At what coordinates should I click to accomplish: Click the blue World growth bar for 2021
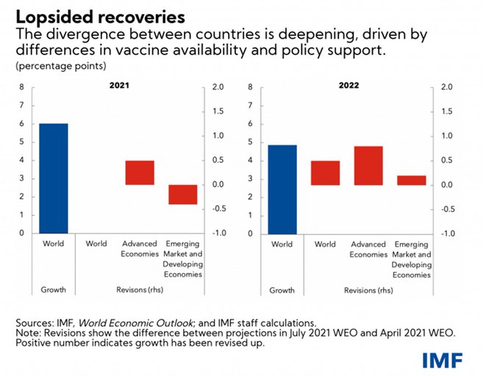54,178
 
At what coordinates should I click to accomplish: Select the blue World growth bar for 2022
282,189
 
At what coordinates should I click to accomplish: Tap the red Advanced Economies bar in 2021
140,173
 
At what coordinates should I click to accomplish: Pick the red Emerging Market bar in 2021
183,195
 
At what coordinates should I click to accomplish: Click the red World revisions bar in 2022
325,173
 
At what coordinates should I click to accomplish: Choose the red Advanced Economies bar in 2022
368,165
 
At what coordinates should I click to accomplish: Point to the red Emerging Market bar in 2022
412,180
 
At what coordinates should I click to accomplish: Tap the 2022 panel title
349,85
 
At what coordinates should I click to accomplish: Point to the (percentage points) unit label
60,66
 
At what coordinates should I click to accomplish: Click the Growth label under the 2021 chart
54,290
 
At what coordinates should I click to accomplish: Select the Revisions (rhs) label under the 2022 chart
368,290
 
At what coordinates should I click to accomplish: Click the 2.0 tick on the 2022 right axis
447,87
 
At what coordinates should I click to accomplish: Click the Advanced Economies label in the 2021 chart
140,249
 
